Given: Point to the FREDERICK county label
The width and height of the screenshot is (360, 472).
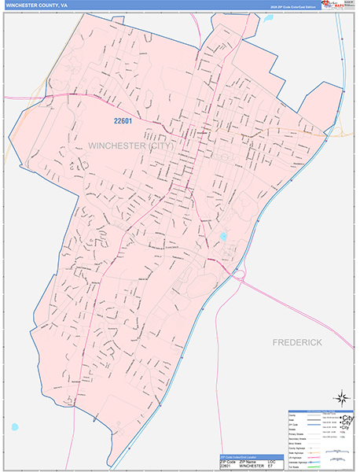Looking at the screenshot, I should point(298,343).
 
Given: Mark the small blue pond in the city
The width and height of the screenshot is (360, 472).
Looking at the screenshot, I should point(223,236).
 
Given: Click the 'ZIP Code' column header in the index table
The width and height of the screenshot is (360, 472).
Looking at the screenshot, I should point(224,461).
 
